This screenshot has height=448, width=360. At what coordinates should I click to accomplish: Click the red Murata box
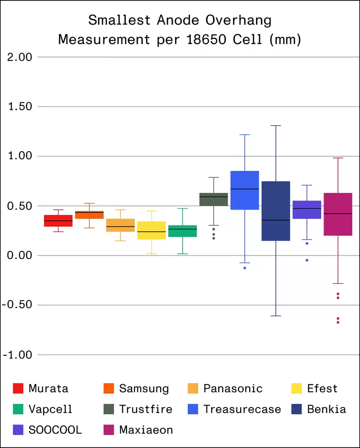(58, 220)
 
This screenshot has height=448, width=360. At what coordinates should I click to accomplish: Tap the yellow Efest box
(151, 230)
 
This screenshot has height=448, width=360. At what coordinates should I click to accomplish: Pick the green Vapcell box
(183, 231)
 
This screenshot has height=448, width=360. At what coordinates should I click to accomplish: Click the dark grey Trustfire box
(214, 199)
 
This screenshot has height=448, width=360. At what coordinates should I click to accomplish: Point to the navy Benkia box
(276, 211)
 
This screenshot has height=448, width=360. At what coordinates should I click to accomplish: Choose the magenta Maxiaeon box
(338, 214)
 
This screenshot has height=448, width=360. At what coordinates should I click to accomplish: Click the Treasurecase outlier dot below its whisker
(245, 268)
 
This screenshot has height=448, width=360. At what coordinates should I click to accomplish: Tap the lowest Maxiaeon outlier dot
(338, 323)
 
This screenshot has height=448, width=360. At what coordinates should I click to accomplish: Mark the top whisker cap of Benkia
(276, 125)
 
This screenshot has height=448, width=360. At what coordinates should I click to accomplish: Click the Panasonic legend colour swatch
(192, 388)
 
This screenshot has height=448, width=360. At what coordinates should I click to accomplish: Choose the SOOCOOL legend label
(55, 430)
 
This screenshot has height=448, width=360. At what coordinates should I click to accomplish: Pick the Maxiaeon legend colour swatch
(108, 430)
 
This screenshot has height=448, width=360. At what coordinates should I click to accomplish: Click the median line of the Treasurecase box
(245, 189)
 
